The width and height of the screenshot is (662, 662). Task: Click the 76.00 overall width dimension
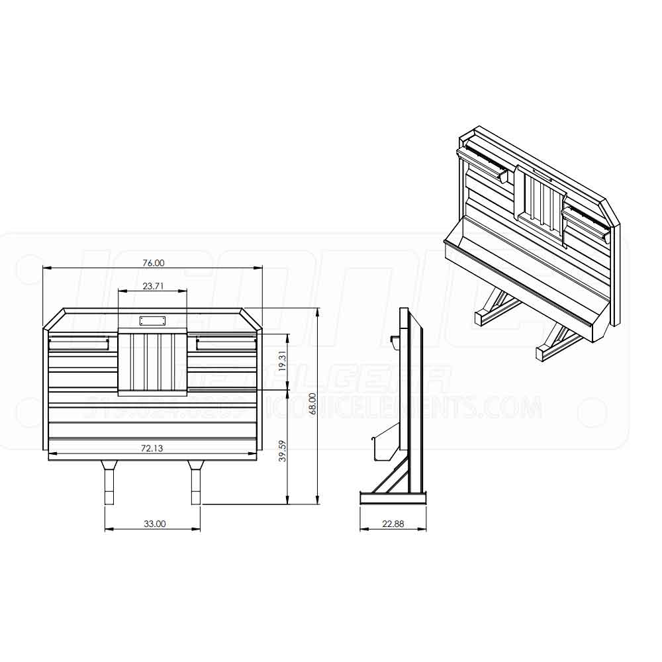tap(153, 263)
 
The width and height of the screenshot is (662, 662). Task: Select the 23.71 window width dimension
tap(153, 286)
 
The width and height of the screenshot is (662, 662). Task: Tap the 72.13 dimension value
tap(152, 448)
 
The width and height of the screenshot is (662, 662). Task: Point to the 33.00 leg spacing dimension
tap(154, 524)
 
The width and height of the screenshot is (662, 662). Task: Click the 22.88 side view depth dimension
tap(393, 524)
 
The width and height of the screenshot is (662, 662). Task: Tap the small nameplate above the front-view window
tap(153, 321)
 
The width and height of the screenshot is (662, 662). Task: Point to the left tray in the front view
tap(79, 342)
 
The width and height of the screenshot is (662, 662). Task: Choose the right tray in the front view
tap(226, 342)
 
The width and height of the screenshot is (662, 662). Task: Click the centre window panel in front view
tap(153, 363)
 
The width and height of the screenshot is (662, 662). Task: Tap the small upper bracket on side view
tap(394, 341)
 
